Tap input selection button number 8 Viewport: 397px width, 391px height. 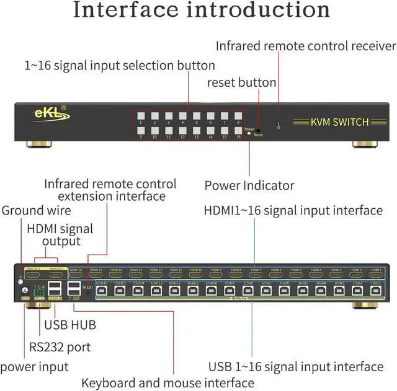[238, 115]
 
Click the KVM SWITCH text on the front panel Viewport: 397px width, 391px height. [339, 121]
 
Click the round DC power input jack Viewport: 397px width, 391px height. [25, 290]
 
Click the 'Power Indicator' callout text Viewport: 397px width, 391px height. [249, 185]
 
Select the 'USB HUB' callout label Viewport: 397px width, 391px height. [69, 324]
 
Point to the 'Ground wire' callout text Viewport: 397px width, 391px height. [35, 210]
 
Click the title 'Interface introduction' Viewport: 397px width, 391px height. [201, 11]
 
